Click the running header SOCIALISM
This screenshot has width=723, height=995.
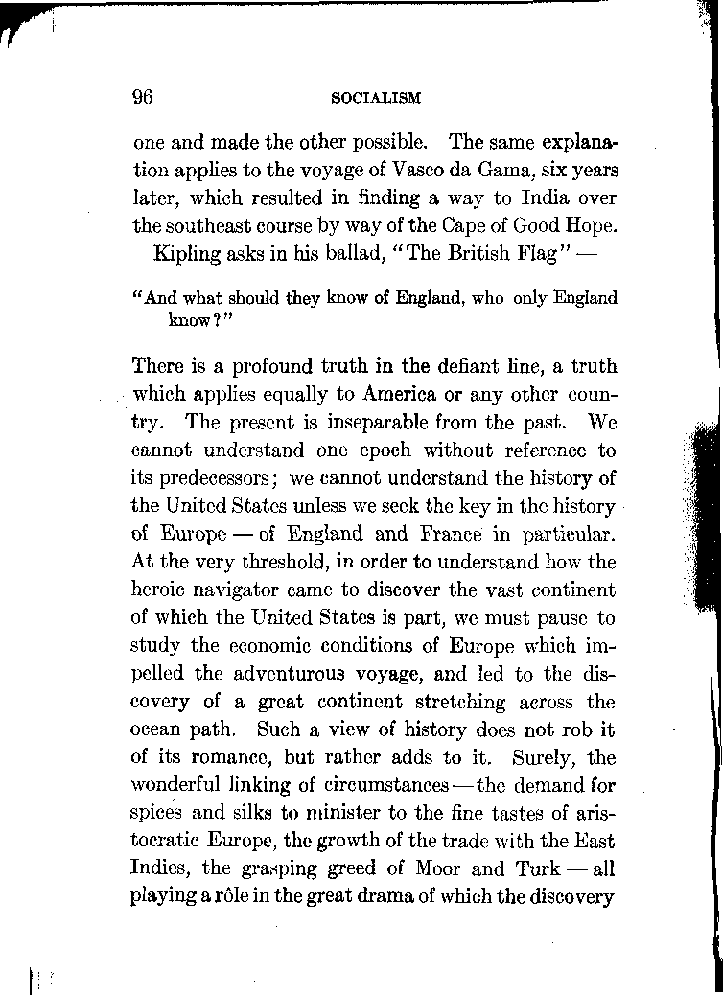(x=376, y=98)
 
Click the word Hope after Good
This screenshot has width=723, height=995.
(x=591, y=228)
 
